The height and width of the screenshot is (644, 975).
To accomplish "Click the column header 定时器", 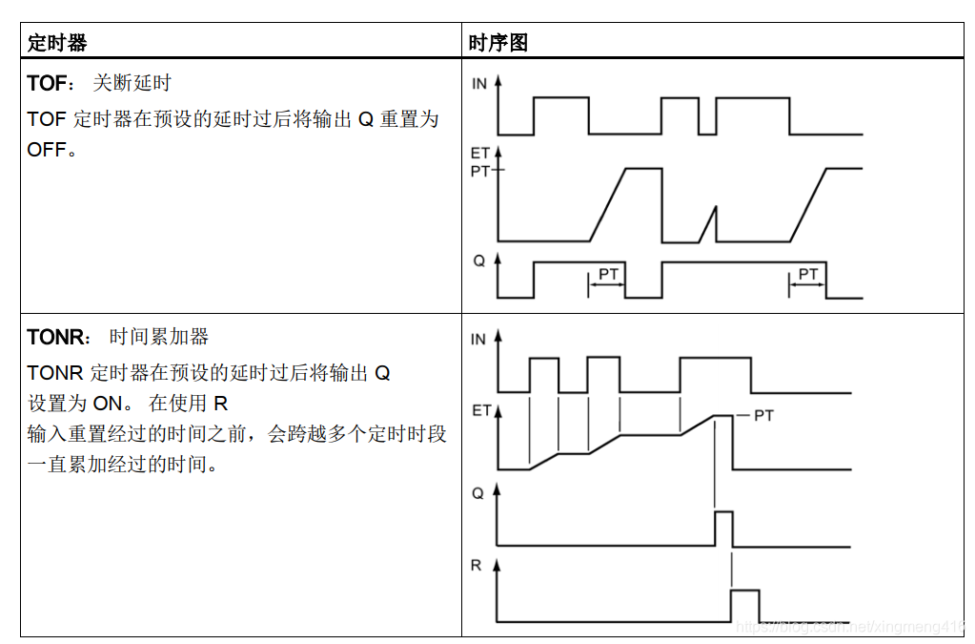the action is tap(57, 43).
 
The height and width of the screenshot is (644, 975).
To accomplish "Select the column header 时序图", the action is tap(498, 43).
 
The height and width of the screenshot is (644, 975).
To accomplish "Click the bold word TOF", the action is tap(47, 84).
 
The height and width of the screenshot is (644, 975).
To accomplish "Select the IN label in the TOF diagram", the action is tap(478, 84).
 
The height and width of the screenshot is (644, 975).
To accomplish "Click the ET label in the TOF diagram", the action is tap(479, 153).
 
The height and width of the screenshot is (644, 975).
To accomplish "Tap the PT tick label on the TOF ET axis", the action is tap(480, 171).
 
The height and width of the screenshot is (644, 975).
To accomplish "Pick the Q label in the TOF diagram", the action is tap(479, 260).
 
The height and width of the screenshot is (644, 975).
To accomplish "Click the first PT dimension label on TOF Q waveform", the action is tap(608, 275).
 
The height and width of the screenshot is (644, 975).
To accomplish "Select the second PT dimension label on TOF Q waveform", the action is tap(808, 275).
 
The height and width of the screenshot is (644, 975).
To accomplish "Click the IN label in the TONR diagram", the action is tap(478, 340).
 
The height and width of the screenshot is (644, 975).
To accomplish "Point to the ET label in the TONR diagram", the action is tap(480, 411).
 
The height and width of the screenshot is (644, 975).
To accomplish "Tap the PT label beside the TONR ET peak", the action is tap(763, 416).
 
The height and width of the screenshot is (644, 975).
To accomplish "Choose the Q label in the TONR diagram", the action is tap(478, 493).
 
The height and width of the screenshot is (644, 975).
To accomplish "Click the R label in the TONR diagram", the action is tap(477, 566).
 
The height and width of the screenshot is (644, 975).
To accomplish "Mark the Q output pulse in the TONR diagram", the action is tap(723, 528).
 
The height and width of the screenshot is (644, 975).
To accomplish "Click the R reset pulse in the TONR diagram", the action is tap(744, 605).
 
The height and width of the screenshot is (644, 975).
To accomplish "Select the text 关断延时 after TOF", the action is tap(132, 84).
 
